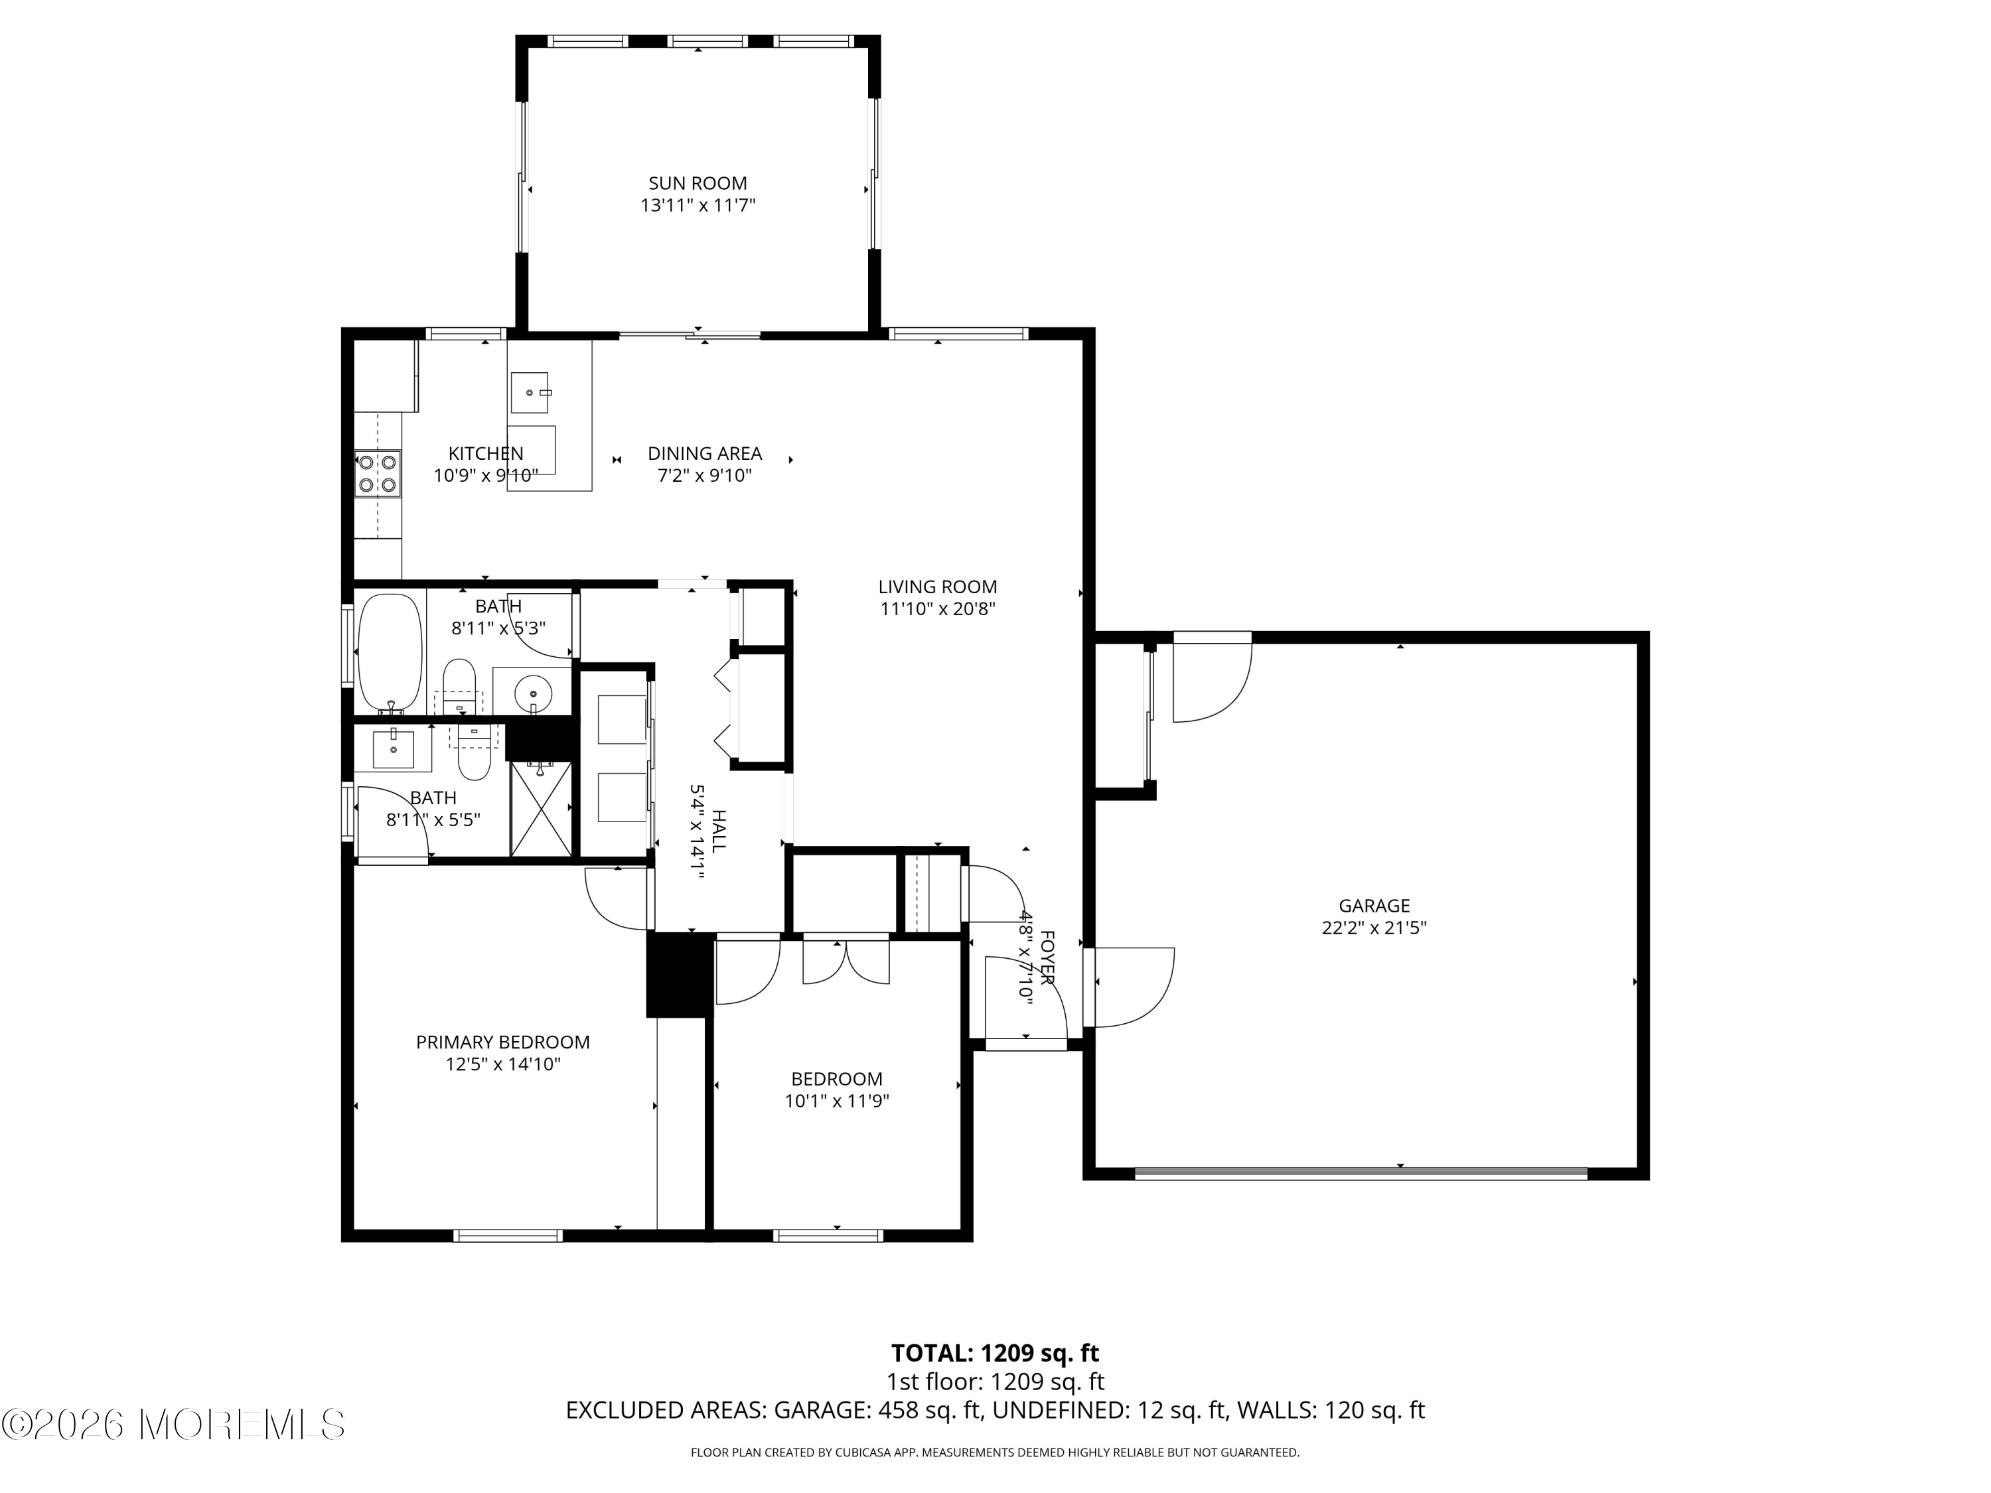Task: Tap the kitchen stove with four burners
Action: (x=377, y=473)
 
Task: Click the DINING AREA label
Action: (x=705, y=454)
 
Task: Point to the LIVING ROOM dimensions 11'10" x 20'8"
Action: (x=938, y=609)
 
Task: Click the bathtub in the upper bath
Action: (x=390, y=652)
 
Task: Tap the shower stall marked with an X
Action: (x=541, y=808)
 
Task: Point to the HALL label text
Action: (x=718, y=831)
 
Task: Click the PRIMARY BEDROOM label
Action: (x=503, y=1042)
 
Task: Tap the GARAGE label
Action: (x=1374, y=905)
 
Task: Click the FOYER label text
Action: (x=1047, y=958)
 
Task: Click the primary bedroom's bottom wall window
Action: (x=508, y=1236)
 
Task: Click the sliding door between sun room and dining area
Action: (x=690, y=336)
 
